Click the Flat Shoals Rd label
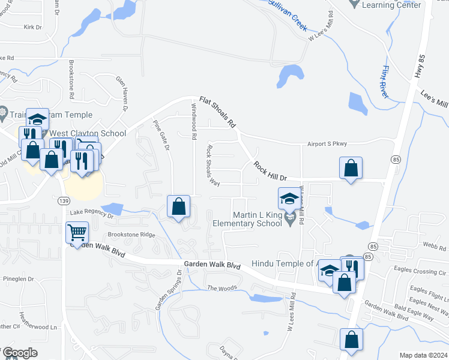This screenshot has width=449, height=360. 217,112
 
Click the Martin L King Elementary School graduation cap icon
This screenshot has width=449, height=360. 289,199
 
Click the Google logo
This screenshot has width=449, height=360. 19,353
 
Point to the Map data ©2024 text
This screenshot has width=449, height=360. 423,355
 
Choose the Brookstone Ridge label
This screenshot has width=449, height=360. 131,235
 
